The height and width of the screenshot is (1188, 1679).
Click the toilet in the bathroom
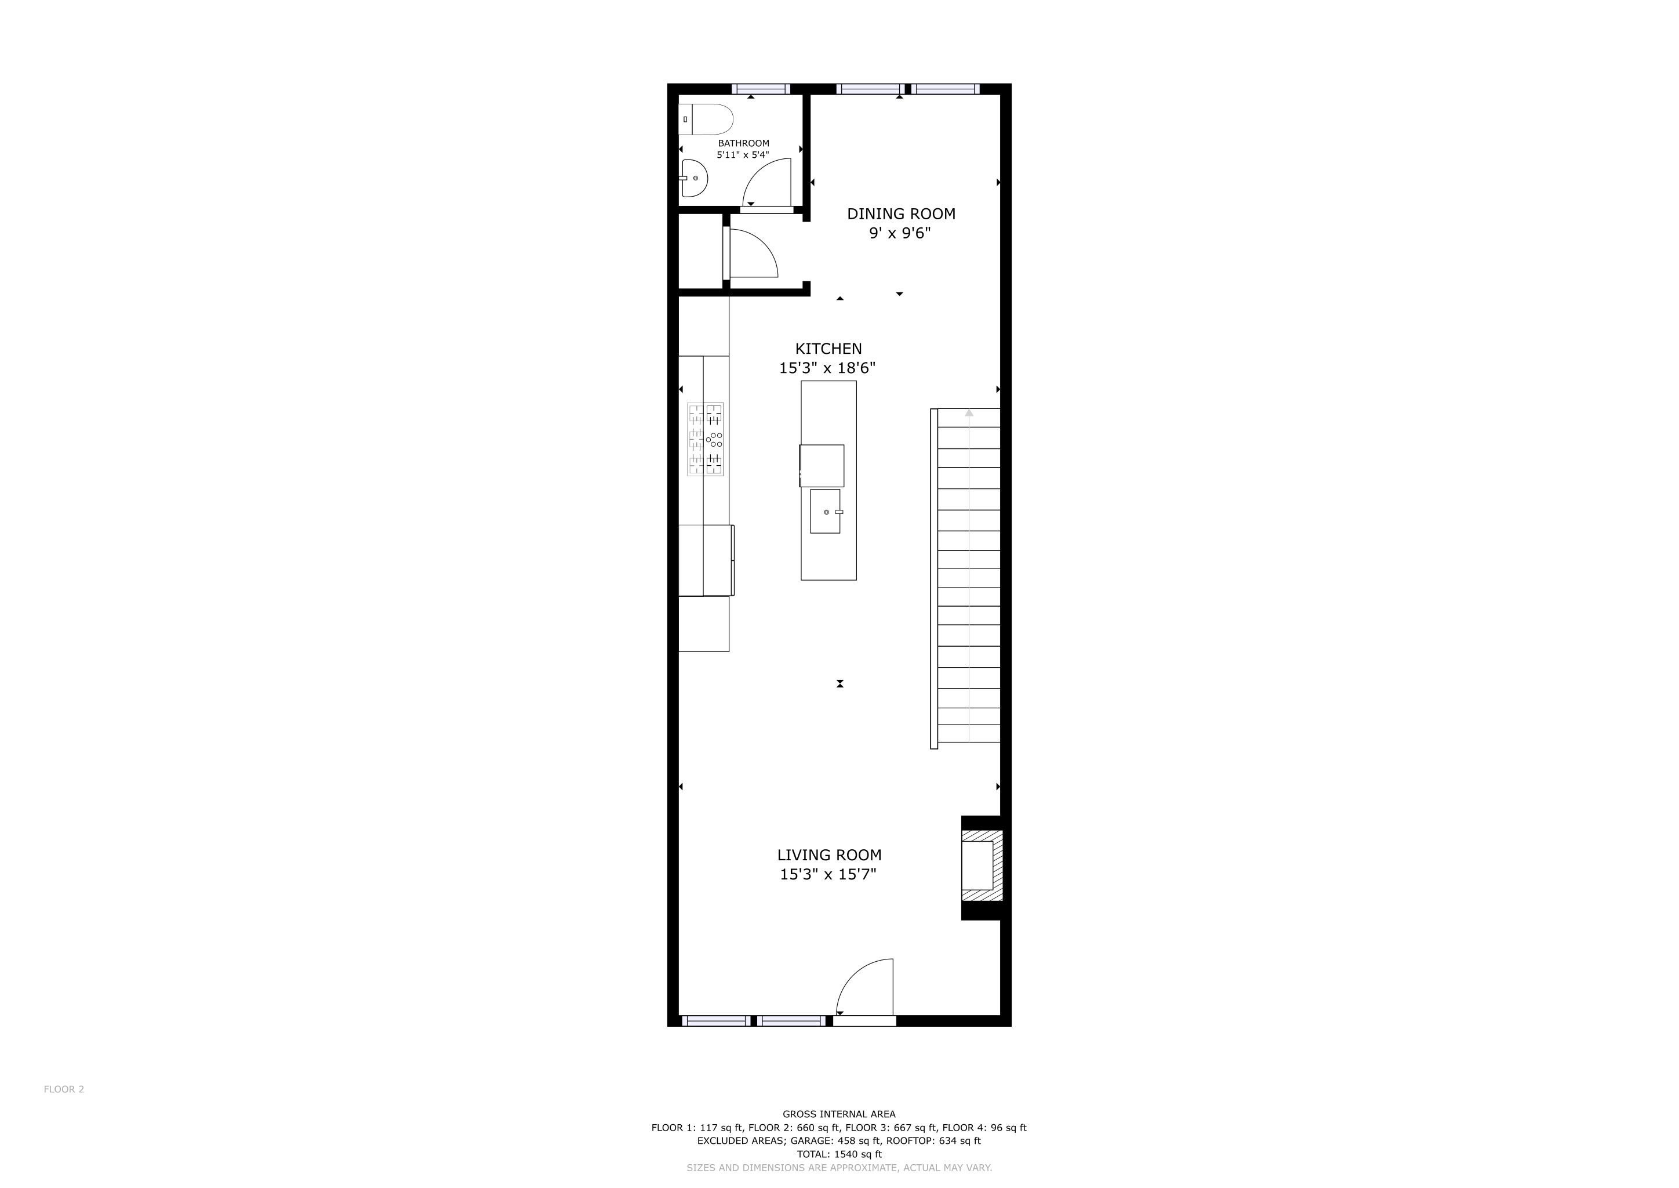[x=706, y=119]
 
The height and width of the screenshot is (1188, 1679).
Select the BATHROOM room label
[x=743, y=143]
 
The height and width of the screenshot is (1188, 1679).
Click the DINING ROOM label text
[x=901, y=213]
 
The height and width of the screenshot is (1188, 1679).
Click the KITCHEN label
[x=828, y=349]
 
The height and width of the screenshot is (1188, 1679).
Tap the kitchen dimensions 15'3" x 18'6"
[x=827, y=368]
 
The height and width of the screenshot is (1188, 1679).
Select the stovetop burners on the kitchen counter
[x=705, y=439]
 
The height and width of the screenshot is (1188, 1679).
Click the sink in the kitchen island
[x=826, y=511]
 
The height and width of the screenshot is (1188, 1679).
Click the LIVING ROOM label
[x=829, y=855]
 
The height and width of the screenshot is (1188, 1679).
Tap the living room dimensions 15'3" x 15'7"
[x=828, y=874]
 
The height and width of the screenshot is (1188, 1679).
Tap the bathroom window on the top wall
[x=761, y=89]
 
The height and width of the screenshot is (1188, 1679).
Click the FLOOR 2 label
[x=64, y=1089]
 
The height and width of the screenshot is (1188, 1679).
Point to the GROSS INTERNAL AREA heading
[x=839, y=1114]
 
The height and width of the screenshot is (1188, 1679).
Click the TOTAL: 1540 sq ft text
[x=839, y=1154]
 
